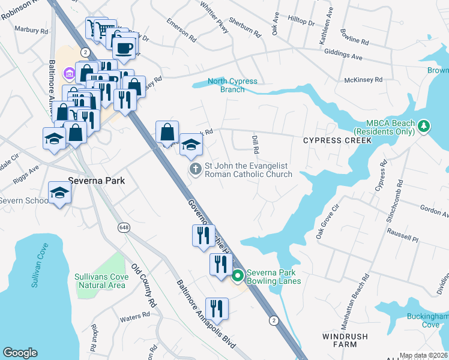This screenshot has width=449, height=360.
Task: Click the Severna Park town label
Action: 94,179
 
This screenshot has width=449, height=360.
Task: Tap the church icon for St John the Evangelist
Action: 195,170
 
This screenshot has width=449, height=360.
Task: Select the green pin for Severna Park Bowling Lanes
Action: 238,276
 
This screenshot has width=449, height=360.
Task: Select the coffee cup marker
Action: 124,49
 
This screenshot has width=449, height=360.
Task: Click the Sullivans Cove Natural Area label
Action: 100,281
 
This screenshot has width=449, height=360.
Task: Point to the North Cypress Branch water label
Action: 232,85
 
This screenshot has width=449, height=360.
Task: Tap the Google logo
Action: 20,353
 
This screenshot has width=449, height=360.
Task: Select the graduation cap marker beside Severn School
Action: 60,193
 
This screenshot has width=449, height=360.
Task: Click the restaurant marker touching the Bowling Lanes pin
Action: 221,263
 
